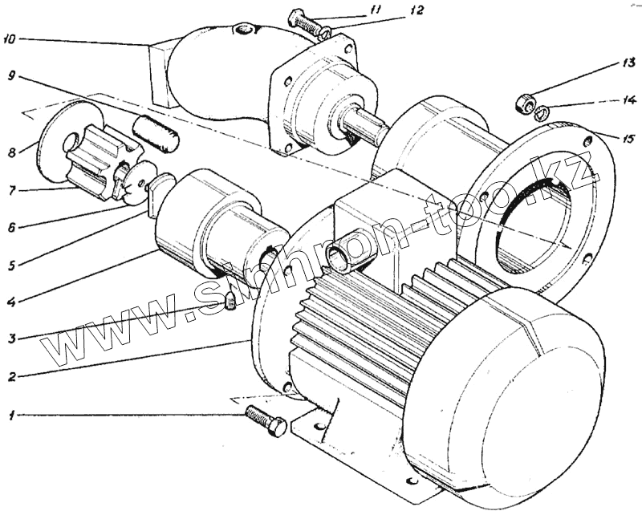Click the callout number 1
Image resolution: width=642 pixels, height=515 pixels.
pos(10,416)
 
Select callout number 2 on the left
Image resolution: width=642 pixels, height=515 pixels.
pos(10,375)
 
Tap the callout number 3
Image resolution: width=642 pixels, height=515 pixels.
pos(10,339)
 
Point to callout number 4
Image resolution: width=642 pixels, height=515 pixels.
pos(10,302)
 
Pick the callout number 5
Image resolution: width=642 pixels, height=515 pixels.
pos(10,264)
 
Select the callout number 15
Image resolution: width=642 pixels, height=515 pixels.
pos(627,137)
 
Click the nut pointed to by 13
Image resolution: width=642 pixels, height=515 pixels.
pos(524,103)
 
